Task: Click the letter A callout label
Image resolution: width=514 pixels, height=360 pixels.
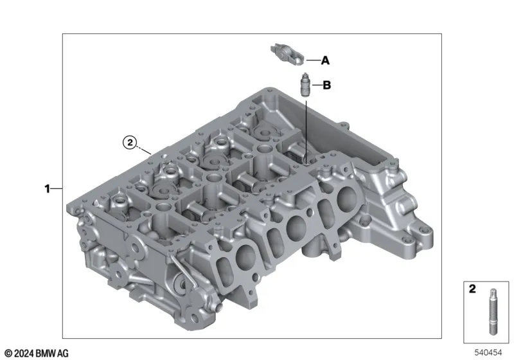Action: click(x=325, y=60)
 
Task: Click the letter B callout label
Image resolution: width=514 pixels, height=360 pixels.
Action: click(x=327, y=85)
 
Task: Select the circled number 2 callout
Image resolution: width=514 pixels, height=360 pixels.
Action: click(x=130, y=142)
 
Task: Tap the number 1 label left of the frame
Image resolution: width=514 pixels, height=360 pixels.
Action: click(x=47, y=189)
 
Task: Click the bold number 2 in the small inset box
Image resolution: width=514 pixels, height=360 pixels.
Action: click(x=472, y=289)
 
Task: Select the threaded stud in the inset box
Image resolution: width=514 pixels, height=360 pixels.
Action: click(x=493, y=312)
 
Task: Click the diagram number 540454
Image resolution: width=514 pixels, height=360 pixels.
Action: click(x=488, y=352)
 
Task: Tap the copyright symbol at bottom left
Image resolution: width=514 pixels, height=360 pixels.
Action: click(x=8, y=354)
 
